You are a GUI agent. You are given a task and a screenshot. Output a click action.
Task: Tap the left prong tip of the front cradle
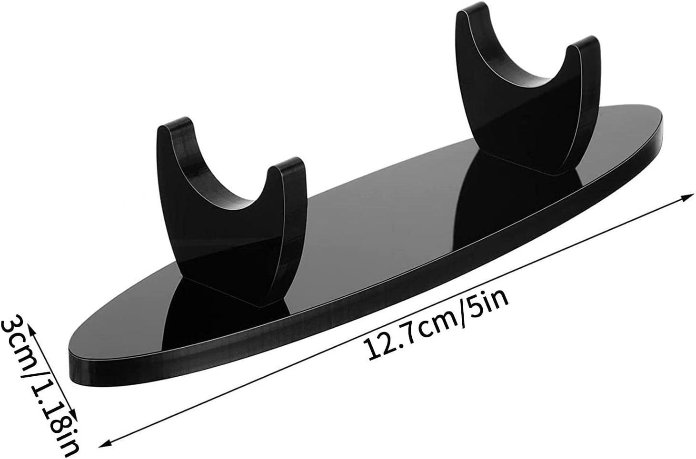click(x=174, y=123)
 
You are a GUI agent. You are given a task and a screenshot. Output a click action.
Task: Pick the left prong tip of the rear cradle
click(x=472, y=8)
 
